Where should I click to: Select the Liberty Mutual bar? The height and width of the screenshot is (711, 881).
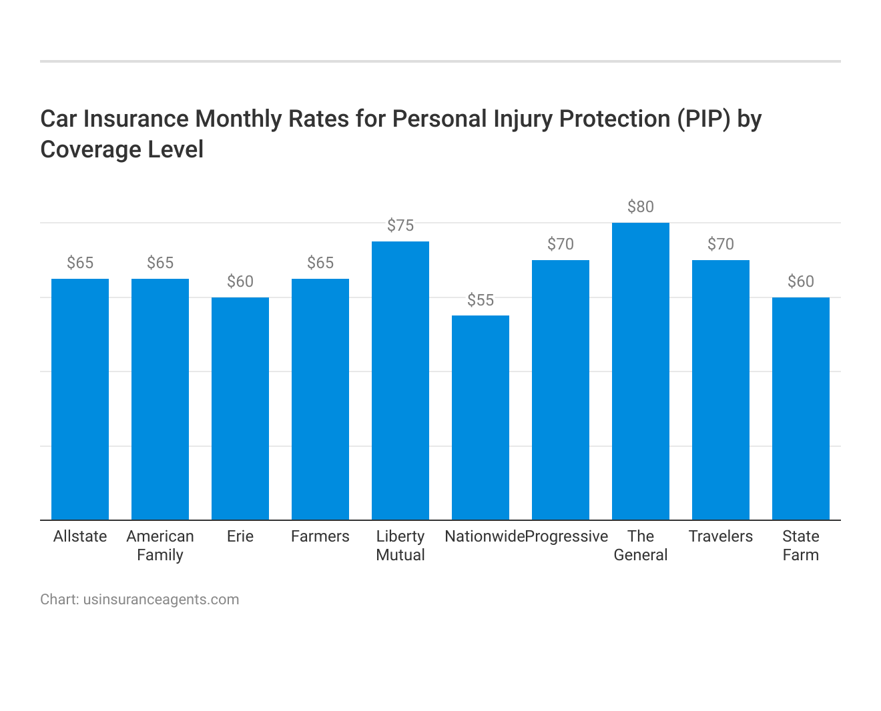(x=400, y=380)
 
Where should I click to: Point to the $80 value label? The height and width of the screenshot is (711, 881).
(x=641, y=207)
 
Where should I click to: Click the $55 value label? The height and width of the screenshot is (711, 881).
(x=481, y=300)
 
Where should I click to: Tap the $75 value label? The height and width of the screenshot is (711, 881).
(x=400, y=225)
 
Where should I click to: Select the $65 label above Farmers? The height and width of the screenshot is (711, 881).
(x=320, y=263)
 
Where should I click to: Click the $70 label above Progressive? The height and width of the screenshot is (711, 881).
(x=561, y=244)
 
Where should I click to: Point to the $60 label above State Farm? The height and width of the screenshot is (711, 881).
(x=801, y=281)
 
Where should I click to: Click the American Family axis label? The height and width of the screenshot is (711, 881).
(x=160, y=546)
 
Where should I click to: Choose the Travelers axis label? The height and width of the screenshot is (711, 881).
(x=721, y=536)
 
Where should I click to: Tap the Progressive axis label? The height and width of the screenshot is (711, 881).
(x=567, y=536)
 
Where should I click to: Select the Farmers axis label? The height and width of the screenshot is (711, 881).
(x=320, y=536)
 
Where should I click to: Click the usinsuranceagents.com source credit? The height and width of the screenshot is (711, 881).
(x=161, y=599)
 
